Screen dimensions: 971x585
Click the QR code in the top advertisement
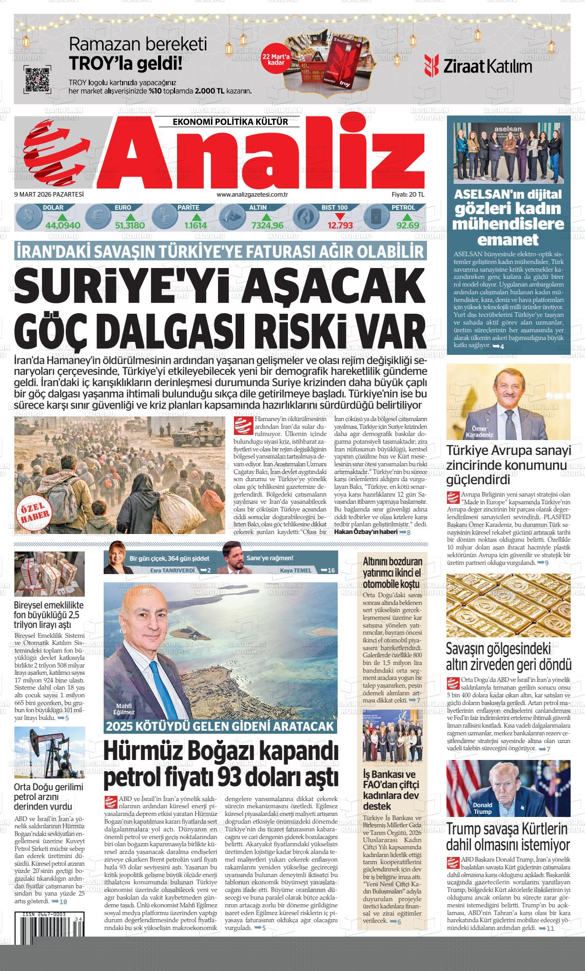pyautogui.click(x=37, y=79)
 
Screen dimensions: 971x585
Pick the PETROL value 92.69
pyautogui.click(x=407, y=225)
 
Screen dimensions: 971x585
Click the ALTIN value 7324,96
pyautogui.click(x=267, y=225)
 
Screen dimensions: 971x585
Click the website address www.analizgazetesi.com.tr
pyautogui.click(x=251, y=194)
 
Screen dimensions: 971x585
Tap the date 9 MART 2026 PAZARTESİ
pyautogui.click(x=49, y=194)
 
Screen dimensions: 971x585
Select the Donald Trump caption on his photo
pyautogui.click(x=482, y=808)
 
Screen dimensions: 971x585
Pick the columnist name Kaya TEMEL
pyautogui.click(x=296, y=570)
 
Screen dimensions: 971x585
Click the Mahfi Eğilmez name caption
pyautogui.click(x=125, y=709)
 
